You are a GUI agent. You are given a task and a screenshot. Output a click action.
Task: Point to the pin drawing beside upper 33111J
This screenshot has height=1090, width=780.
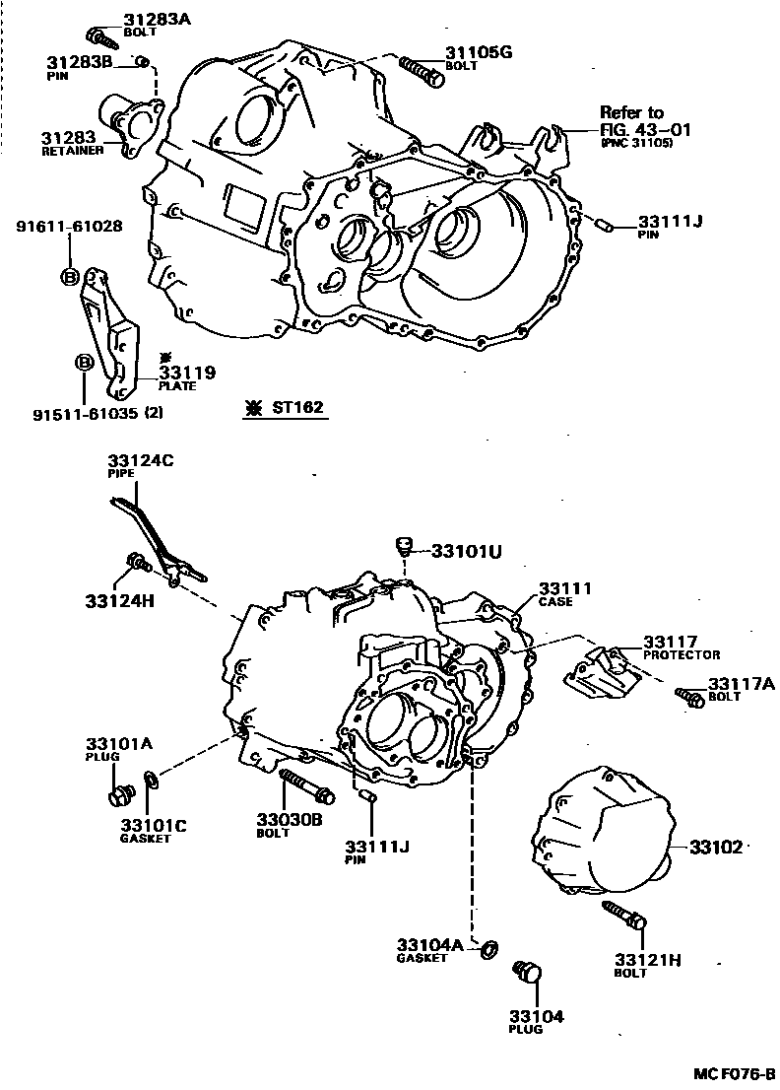601,224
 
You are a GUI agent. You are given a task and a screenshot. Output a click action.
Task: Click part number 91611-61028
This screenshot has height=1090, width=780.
69,226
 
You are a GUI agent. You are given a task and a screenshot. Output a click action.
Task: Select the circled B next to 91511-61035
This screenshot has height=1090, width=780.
85,364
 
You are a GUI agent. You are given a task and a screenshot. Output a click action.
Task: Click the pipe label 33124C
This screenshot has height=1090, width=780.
140,461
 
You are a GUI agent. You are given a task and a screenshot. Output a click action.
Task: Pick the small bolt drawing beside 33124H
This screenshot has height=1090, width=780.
136,564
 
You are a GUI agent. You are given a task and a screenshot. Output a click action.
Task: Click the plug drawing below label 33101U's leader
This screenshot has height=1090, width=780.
402,544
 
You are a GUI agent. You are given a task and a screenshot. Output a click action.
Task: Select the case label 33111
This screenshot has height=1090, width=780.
564,589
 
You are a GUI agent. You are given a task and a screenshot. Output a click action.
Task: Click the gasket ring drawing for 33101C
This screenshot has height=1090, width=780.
151,781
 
